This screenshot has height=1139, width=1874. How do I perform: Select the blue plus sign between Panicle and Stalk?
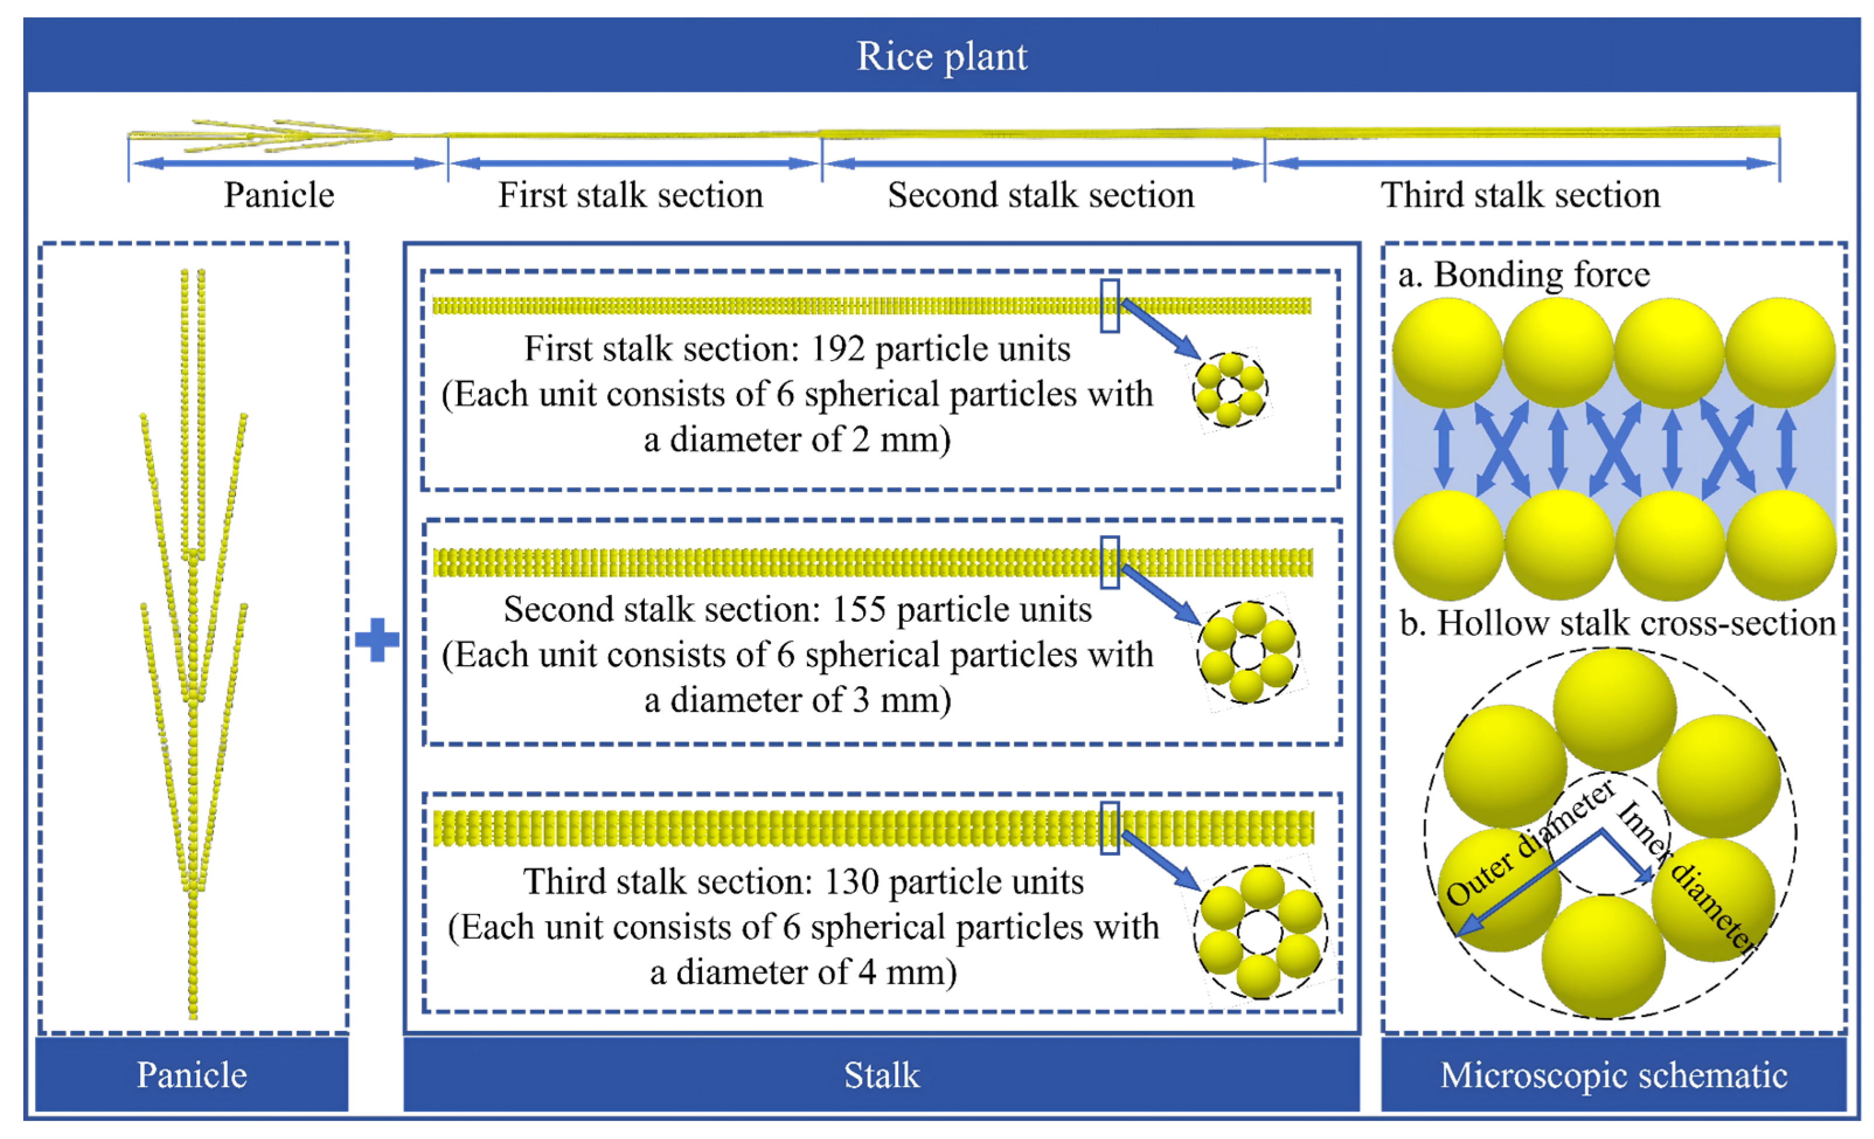click(x=377, y=640)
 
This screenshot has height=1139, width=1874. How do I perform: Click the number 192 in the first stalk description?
click(x=837, y=349)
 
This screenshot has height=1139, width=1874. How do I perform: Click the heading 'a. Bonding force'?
click(x=1524, y=275)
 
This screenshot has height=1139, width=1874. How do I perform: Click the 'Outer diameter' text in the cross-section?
click(x=1529, y=842)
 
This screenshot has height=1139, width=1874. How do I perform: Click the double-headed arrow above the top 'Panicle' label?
click(x=287, y=163)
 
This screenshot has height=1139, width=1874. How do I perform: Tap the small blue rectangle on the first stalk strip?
click(x=1110, y=306)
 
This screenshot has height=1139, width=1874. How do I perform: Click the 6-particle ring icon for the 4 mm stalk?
click(x=1260, y=932)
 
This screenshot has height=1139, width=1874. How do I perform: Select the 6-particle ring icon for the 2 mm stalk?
click(x=1230, y=390)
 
